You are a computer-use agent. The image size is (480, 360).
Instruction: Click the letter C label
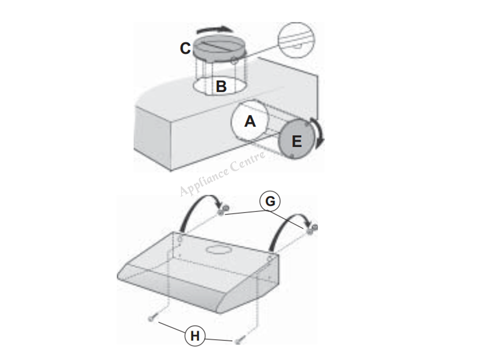[185, 48]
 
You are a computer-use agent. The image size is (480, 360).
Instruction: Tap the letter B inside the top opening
[221, 86]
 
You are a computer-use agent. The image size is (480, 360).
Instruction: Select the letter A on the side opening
[250, 121]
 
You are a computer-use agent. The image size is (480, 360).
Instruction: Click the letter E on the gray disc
[296, 141]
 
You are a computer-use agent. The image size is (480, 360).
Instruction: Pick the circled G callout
[270, 201]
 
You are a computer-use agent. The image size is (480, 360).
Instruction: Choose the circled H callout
[195, 336]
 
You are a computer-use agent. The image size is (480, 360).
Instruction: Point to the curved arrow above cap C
[213, 29]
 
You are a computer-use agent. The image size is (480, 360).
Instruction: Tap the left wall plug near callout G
[223, 211]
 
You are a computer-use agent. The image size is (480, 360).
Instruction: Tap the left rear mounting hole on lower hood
[180, 238]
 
